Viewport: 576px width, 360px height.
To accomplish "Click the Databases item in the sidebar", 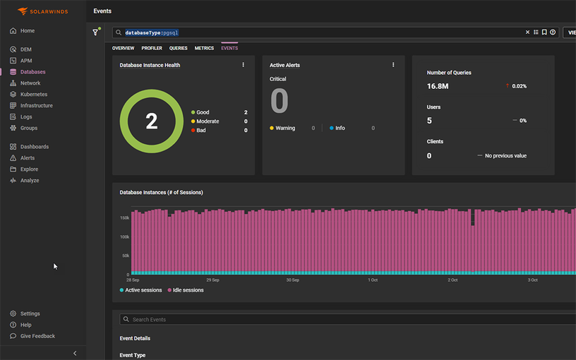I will click(x=32, y=72).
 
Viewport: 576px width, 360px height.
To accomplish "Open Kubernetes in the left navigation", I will click(x=33, y=94).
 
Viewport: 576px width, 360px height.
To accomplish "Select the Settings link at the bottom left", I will click(x=30, y=313).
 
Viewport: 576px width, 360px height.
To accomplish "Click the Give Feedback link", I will click(x=37, y=336).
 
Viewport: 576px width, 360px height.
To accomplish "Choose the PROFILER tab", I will click(x=152, y=48).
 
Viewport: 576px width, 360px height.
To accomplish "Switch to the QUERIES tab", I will click(x=178, y=48).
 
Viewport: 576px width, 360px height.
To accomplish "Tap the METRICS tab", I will click(x=204, y=48).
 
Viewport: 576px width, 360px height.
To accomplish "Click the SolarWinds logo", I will click(x=42, y=11).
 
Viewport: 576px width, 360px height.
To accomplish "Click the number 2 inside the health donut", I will click(x=151, y=121).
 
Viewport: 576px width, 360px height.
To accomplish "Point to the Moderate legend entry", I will click(x=207, y=121).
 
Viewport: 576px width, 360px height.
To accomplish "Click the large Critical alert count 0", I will click(x=280, y=102).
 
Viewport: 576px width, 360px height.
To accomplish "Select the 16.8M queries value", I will click(x=438, y=86).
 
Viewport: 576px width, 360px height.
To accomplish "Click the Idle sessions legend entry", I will click(x=188, y=290).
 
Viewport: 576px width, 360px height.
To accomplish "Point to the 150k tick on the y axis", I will click(x=124, y=218).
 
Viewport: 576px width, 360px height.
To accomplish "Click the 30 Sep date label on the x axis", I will click(x=293, y=280).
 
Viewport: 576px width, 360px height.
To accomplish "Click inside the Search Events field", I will click(x=282, y=320).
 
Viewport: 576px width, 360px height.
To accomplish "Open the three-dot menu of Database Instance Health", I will click(x=244, y=65).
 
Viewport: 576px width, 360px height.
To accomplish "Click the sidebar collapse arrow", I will click(x=75, y=353).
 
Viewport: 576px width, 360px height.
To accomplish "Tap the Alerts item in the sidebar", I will click(x=28, y=158).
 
